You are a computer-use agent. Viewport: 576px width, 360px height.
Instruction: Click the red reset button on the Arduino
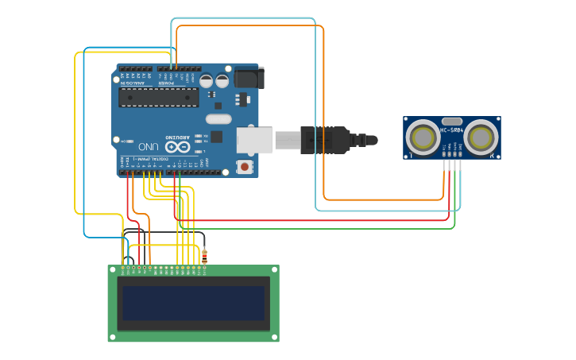tap(244, 167)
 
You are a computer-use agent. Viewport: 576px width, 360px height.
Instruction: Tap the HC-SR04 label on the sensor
tap(451, 129)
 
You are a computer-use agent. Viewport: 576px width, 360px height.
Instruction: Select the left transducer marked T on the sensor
tap(423, 137)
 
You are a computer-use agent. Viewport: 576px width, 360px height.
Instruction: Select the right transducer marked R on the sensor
tap(481, 137)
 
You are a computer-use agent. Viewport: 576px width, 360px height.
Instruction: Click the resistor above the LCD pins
tap(206, 256)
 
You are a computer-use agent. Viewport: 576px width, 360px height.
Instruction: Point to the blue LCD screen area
tap(193, 303)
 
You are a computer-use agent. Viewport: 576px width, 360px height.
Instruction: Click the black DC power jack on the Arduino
tap(248, 78)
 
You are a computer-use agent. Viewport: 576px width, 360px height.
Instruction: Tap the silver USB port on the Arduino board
tap(254, 139)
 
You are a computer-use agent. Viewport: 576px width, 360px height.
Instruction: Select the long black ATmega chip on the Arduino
tap(159, 96)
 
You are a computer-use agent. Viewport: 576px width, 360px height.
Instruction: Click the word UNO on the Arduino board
tap(149, 147)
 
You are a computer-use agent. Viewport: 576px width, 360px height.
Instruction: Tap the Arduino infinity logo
tap(180, 146)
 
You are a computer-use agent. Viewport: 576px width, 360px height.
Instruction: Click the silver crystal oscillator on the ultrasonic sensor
tap(452, 120)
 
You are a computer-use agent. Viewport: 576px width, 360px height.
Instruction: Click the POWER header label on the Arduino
tap(164, 83)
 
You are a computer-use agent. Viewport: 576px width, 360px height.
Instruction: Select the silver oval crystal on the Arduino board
tap(218, 119)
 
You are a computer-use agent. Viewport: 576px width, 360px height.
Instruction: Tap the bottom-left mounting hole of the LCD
tap(114, 337)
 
